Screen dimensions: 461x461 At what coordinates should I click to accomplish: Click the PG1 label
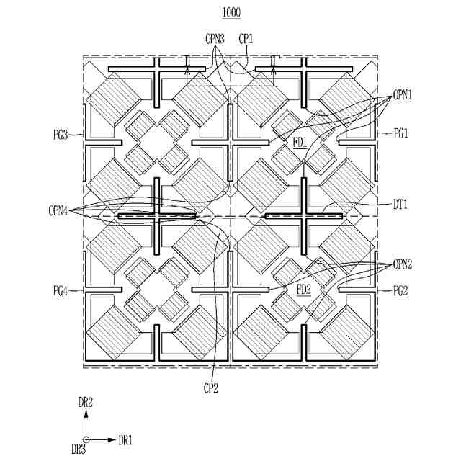point(401,133)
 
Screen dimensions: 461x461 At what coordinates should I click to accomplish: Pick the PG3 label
point(60,133)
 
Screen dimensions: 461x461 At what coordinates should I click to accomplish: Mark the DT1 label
point(401,205)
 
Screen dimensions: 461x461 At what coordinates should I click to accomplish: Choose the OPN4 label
point(60,210)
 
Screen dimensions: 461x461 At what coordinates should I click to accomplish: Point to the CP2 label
point(210,389)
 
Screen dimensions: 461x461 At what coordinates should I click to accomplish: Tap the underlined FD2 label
point(303,290)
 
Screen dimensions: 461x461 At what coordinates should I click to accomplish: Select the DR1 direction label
point(125,439)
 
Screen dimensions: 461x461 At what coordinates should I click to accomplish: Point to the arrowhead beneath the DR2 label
point(86,413)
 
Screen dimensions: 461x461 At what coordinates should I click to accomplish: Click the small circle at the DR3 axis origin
point(86,439)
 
